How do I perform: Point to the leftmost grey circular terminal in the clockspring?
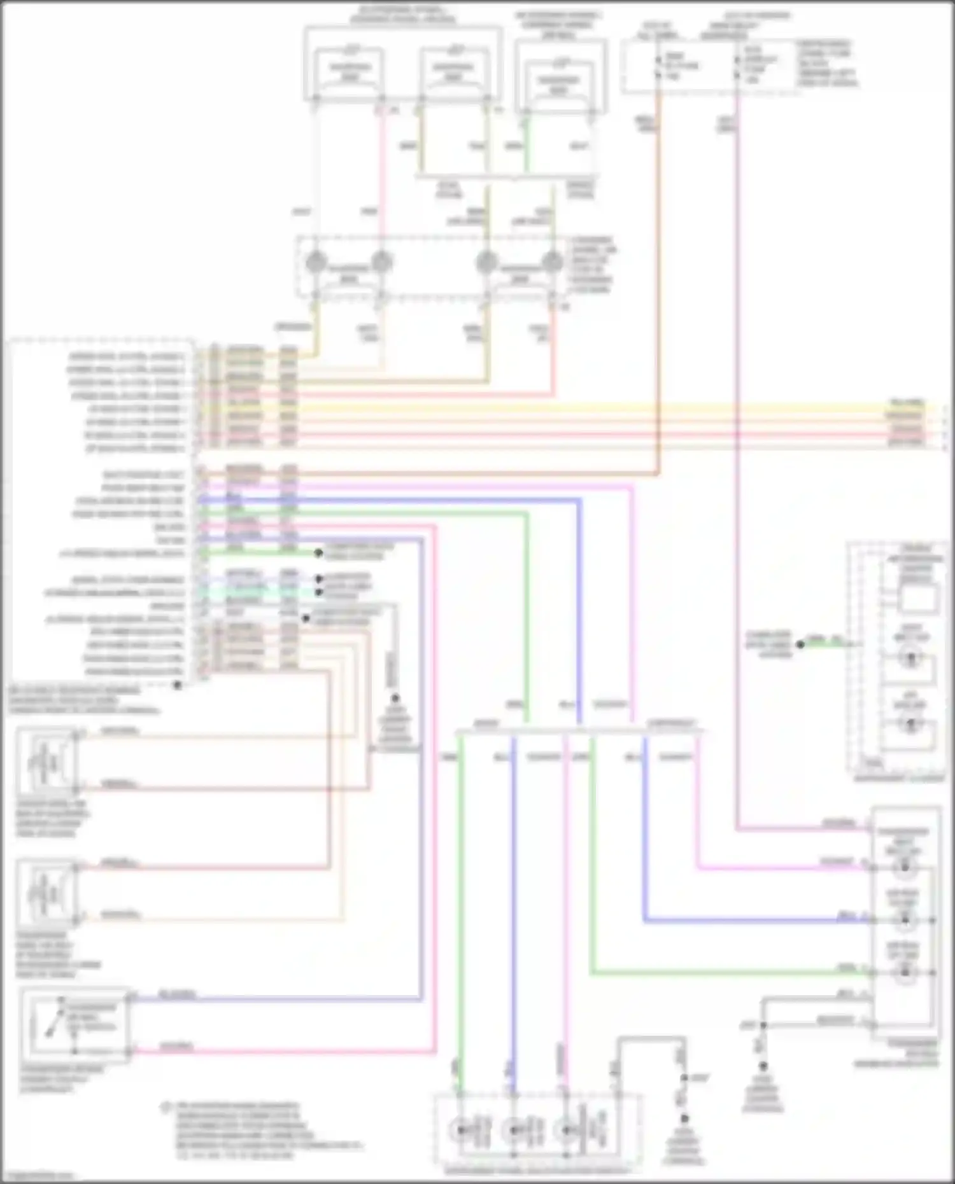[x=316, y=261]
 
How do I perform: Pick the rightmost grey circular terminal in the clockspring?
[x=551, y=261]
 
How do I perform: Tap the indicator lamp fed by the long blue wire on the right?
[x=905, y=920]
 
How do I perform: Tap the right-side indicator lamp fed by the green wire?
[x=905, y=973]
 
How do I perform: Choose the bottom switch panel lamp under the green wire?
[x=460, y=1131]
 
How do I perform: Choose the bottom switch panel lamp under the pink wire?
[x=565, y=1131]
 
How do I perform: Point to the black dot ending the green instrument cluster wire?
[x=800, y=644]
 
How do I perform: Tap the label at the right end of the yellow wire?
[x=907, y=403]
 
